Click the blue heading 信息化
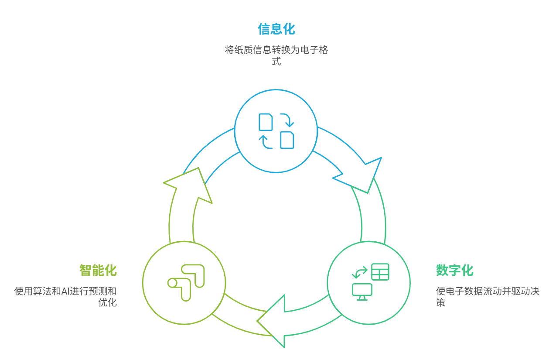276,29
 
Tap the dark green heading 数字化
454,270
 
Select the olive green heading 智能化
98,270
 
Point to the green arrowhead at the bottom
273,321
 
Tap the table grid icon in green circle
380,272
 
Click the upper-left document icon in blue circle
266,122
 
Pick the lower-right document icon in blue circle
287,140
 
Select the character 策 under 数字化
440,302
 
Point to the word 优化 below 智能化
108,302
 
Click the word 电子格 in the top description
314,50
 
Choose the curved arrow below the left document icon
266,142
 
